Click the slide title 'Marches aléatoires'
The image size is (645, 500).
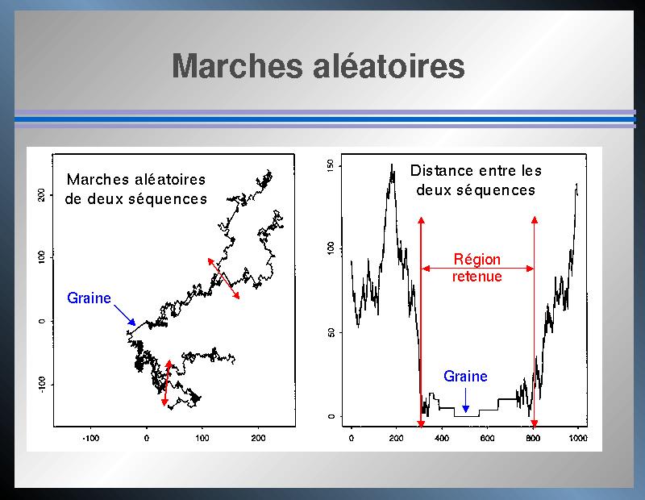tap(318, 66)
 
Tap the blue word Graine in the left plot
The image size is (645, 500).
tap(89, 298)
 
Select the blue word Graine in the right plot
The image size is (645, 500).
tap(465, 376)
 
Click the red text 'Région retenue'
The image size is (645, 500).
tap(477, 268)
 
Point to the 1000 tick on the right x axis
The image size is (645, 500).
tap(577, 438)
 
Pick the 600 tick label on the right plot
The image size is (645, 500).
tap(487, 438)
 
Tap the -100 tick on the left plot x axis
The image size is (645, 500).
tap(90, 438)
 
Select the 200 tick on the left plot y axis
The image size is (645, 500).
tap(41, 195)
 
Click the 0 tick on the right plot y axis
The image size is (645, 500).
tap(331, 416)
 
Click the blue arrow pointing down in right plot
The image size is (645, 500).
tap(465, 400)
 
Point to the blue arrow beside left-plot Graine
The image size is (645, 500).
tap(125, 315)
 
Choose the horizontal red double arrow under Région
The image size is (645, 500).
tap(477, 269)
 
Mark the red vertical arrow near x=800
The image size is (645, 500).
tap(535, 322)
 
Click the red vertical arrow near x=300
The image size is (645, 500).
tap(421, 323)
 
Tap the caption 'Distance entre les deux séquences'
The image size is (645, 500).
tap(476, 181)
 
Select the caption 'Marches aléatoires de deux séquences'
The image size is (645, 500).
tap(135, 190)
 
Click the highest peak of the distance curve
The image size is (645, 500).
tap(392, 165)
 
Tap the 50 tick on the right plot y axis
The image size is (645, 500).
tap(331, 332)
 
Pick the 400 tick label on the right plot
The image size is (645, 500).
tap(442, 438)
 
